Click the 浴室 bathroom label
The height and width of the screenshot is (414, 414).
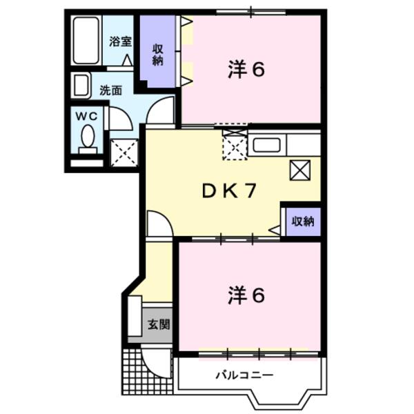[121, 41]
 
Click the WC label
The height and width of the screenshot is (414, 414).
[86, 113]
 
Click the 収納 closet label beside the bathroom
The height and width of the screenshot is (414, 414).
[158, 55]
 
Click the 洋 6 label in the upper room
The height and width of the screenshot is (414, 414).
[246, 70]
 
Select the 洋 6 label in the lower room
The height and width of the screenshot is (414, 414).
[246, 295]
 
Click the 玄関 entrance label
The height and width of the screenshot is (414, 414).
[158, 324]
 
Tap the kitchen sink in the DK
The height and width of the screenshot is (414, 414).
[266, 146]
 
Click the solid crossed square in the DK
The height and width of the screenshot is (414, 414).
[301, 169]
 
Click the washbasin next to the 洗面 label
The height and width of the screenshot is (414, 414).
[81, 86]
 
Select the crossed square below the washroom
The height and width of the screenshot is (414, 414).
[124, 152]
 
